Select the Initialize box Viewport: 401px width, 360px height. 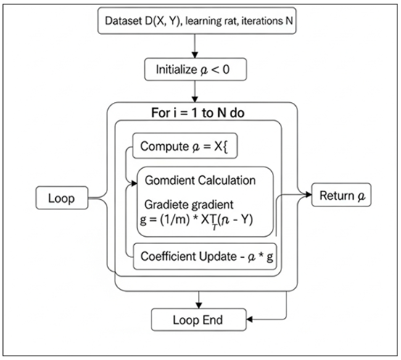point(195,70)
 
